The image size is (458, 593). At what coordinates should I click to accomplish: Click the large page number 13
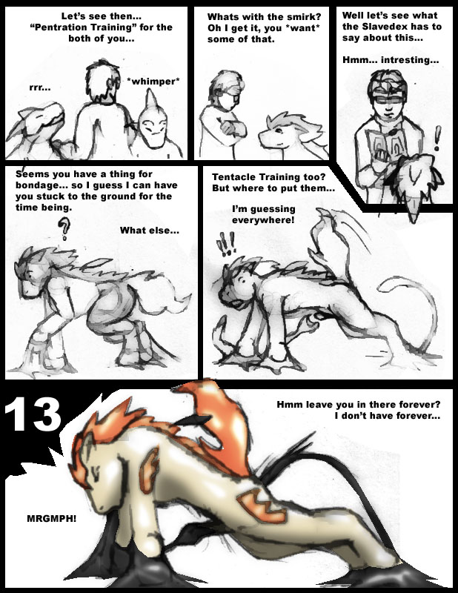coord(33,415)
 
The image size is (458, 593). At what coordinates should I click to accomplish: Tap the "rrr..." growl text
coord(40,87)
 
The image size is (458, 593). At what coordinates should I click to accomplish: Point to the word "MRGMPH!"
coord(51,518)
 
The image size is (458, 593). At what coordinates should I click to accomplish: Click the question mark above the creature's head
coord(64,228)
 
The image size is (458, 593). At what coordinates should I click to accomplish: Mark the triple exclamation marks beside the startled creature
coord(226,244)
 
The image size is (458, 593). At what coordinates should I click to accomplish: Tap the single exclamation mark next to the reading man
coord(438,139)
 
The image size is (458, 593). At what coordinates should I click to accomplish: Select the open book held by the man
coord(388,145)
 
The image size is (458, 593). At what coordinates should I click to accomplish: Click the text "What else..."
coord(150,231)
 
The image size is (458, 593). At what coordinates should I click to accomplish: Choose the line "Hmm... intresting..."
coord(391,60)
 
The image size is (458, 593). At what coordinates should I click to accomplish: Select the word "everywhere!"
coord(263,219)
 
